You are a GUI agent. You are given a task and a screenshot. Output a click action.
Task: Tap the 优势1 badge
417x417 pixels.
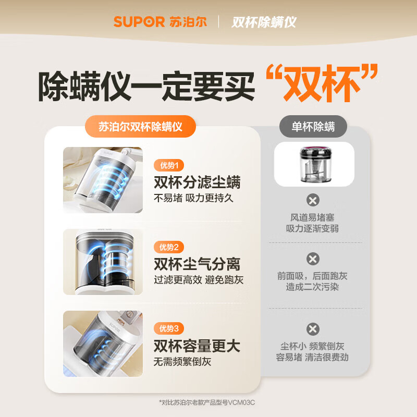click(x=169, y=166)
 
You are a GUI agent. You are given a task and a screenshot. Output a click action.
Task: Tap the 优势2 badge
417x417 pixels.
click(x=169, y=247)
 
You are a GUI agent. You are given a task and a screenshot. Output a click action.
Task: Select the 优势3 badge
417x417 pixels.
click(x=169, y=328)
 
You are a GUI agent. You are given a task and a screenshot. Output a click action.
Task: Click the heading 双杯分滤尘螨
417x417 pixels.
click(x=197, y=182)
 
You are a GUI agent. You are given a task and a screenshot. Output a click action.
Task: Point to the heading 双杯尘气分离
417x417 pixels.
click(x=197, y=264)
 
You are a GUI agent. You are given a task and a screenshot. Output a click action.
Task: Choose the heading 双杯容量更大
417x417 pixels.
click(x=197, y=345)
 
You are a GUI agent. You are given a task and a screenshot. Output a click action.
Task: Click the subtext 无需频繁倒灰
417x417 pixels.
click(x=182, y=361)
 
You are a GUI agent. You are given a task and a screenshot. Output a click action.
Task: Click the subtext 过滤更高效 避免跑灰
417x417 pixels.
click(x=198, y=280)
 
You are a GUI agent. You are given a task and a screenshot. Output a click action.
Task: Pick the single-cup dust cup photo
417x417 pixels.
click(x=314, y=164)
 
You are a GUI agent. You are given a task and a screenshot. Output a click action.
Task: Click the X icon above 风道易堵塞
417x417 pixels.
click(x=313, y=200)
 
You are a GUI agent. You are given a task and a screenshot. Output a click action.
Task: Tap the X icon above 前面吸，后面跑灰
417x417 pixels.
click(x=313, y=259)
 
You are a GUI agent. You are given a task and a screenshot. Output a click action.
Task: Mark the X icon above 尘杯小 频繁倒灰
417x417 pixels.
click(x=313, y=329)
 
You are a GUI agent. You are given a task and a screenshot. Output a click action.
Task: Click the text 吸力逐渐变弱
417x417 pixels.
click(x=312, y=229)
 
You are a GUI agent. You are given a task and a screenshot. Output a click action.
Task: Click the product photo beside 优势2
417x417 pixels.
click(x=103, y=262)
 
